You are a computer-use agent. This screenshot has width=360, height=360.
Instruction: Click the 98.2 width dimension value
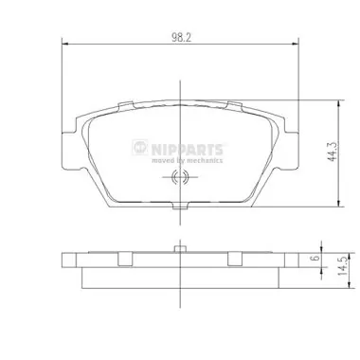pos(182,38)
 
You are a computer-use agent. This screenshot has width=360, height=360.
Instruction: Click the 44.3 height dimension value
pos(333,152)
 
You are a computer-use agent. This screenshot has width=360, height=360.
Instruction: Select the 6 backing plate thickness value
pos(315,258)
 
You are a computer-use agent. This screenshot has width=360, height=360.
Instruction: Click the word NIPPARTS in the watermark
pos(187,149)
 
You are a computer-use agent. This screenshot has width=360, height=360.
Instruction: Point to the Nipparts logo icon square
pos(140,147)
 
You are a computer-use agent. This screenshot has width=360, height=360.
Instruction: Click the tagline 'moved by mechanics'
pos(187,160)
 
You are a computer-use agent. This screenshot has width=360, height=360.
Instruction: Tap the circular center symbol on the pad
pos(180,177)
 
